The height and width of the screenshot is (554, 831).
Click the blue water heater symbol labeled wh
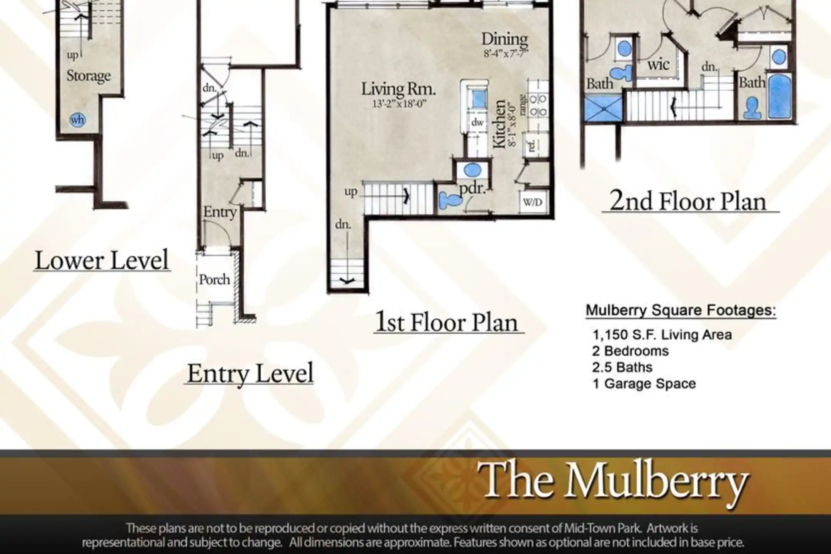click(x=77, y=120)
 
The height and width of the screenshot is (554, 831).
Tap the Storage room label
click(x=88, y=75)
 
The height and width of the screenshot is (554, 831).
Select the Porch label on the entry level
click(x=214, y=279)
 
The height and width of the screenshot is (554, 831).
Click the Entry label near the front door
click(x=220, y=212)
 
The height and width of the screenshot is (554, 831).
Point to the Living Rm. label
click(x=398, y=89)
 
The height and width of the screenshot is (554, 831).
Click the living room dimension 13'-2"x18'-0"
click(x=399, y=104)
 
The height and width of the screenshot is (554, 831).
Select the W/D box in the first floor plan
click(x=533, y=202)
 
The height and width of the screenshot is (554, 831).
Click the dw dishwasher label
click(x=477, y=122)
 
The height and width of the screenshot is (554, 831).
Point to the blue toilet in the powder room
click(x=450, y=200)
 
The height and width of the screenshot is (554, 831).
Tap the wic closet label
click(x=658, y=65)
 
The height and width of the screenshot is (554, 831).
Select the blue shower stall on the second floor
click(x=603, y=109)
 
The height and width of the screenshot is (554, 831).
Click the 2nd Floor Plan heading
click(x=688, y=201)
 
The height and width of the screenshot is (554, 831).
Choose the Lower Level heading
click(x=102, y=260)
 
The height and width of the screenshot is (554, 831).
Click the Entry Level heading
click(x=250, y=373)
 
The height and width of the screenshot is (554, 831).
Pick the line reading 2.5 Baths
click(x=622, y=367)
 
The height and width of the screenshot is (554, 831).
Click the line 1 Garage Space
click(x=644, y=384)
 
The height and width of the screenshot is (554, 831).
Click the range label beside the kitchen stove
click(x=522, y=105)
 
